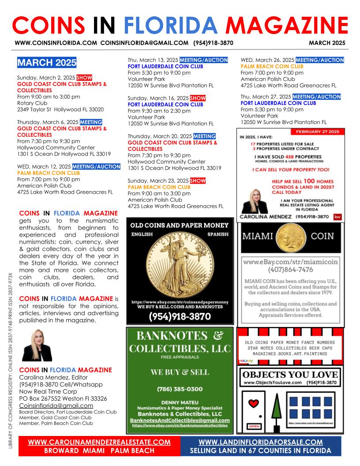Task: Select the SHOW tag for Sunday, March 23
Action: tap(198, 181)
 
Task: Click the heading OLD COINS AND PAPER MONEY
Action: tap(180, 225)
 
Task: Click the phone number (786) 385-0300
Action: tap(180, 389)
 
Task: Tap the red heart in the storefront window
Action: tap(253, 404)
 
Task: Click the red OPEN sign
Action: tap(254, 426)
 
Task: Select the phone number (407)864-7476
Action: tap(291, 269)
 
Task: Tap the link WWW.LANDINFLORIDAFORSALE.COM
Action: tap(261, 442)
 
